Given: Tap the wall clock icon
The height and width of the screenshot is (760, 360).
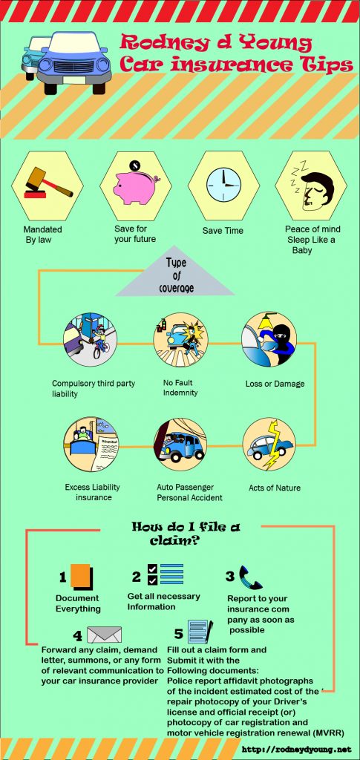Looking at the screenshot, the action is [x=223, y=186].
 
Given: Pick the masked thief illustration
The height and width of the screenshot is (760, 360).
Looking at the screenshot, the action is [x=269, y=338].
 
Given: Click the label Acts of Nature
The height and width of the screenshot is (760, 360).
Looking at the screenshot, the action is [x=275, y=488].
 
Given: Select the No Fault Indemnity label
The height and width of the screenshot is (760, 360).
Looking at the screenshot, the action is [x=180, y=387].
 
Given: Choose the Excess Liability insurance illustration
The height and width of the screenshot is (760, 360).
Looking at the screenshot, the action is [x=91, y=445].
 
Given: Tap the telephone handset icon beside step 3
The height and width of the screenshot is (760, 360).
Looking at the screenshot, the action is [x=249, y=577].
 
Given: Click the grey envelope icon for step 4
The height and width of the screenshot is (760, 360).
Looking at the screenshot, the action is [x=104, y=635].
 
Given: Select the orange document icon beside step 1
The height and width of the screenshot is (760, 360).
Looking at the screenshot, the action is [x=80, y=576].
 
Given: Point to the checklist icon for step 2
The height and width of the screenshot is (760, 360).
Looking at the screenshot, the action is [x=166, y=574].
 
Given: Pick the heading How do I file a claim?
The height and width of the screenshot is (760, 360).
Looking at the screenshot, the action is [x=186, y=533].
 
